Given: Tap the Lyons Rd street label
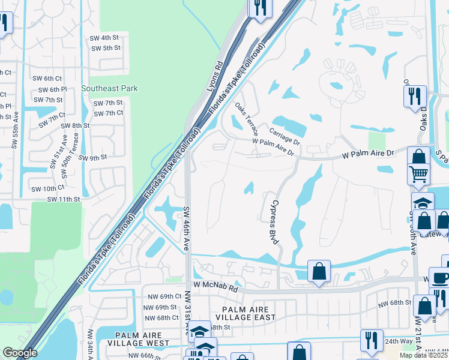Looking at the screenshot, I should coord(215,76).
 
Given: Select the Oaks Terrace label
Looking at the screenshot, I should coord(247,118).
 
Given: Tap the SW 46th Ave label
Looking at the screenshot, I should coord(186,229).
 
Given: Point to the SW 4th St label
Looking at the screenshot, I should coord(107,37).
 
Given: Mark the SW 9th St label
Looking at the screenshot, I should coord(91,158).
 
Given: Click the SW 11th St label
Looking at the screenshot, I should coord(64,199).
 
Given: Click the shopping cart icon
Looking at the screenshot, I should coord(419,174).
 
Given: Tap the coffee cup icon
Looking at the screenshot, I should coord(440,278).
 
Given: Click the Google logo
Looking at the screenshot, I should coord(20,353).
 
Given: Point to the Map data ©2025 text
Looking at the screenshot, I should coord(423,355).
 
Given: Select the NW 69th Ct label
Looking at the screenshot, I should coord(162,296).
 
